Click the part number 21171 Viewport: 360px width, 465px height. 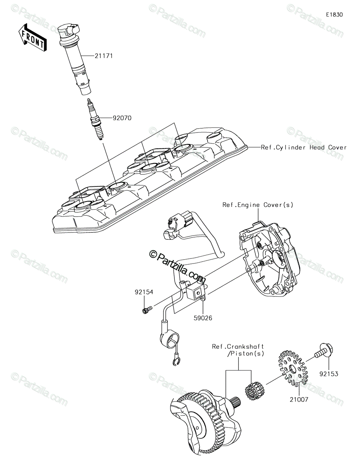[x=103, y=56]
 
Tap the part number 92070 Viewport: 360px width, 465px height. [x=122, y=118]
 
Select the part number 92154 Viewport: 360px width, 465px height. [x=144, y=292]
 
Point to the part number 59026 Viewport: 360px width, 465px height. [x=203, y=324]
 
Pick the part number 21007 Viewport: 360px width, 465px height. [x=299, y=400]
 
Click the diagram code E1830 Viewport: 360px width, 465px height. [x=334, y=15]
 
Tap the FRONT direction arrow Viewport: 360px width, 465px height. [x=33, y=38]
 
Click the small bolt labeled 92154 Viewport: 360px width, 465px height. [x=147, y=310]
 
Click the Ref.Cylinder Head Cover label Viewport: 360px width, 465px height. [x=303, y=147]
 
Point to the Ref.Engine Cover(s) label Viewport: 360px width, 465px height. [x=258, y=205]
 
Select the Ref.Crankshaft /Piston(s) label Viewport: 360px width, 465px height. [x=238, y=350]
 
